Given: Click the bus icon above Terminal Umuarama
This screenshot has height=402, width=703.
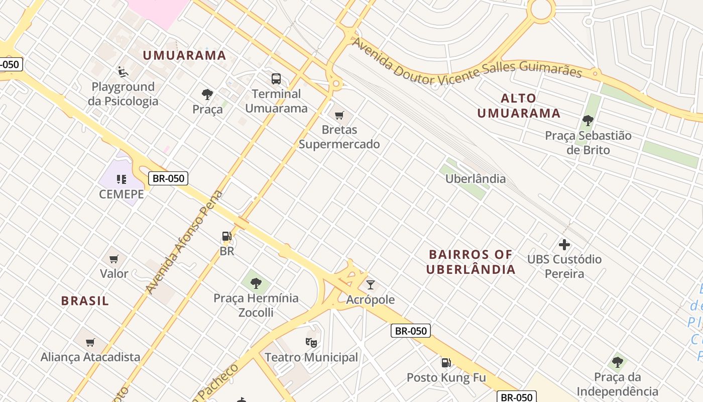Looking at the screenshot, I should [x=276, y=79].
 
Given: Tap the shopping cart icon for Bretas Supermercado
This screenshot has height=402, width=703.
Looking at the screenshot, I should [x=339, y=116].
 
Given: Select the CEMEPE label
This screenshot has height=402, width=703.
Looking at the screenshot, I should [x=122, y=194].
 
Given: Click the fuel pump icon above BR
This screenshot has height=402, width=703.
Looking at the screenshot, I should [x=227, y=236].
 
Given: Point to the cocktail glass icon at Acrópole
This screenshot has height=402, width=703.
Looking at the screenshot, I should [x=371, y=285].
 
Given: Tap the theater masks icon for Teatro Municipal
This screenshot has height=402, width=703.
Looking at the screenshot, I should [x=311, y=343].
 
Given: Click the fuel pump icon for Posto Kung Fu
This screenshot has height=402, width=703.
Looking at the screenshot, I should [x=446, y=363].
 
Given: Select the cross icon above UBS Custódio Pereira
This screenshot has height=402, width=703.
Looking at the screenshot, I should [x=564, y=245].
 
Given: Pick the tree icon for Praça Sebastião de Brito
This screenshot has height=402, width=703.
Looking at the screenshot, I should [x=588, y=121].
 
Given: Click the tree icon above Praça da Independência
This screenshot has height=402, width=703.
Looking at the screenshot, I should [x=618, y=362].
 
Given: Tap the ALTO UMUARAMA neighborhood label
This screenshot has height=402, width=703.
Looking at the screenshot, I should [x=519, y=106].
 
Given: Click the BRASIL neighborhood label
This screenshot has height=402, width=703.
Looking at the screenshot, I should [x=85, y=301].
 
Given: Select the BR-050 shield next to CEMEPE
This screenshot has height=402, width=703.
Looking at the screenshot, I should [x=168, y=178].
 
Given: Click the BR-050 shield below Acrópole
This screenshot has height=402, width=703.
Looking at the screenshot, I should [x=411, y=331].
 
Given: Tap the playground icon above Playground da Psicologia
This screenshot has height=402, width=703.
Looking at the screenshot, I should [x=123, y=72].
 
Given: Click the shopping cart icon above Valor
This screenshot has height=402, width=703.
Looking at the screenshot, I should [x=114, y=259].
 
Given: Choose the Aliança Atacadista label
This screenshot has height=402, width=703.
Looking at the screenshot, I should [x=90, y=357].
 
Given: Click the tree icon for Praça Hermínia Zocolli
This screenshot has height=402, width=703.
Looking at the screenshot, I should [x=256, y=283].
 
